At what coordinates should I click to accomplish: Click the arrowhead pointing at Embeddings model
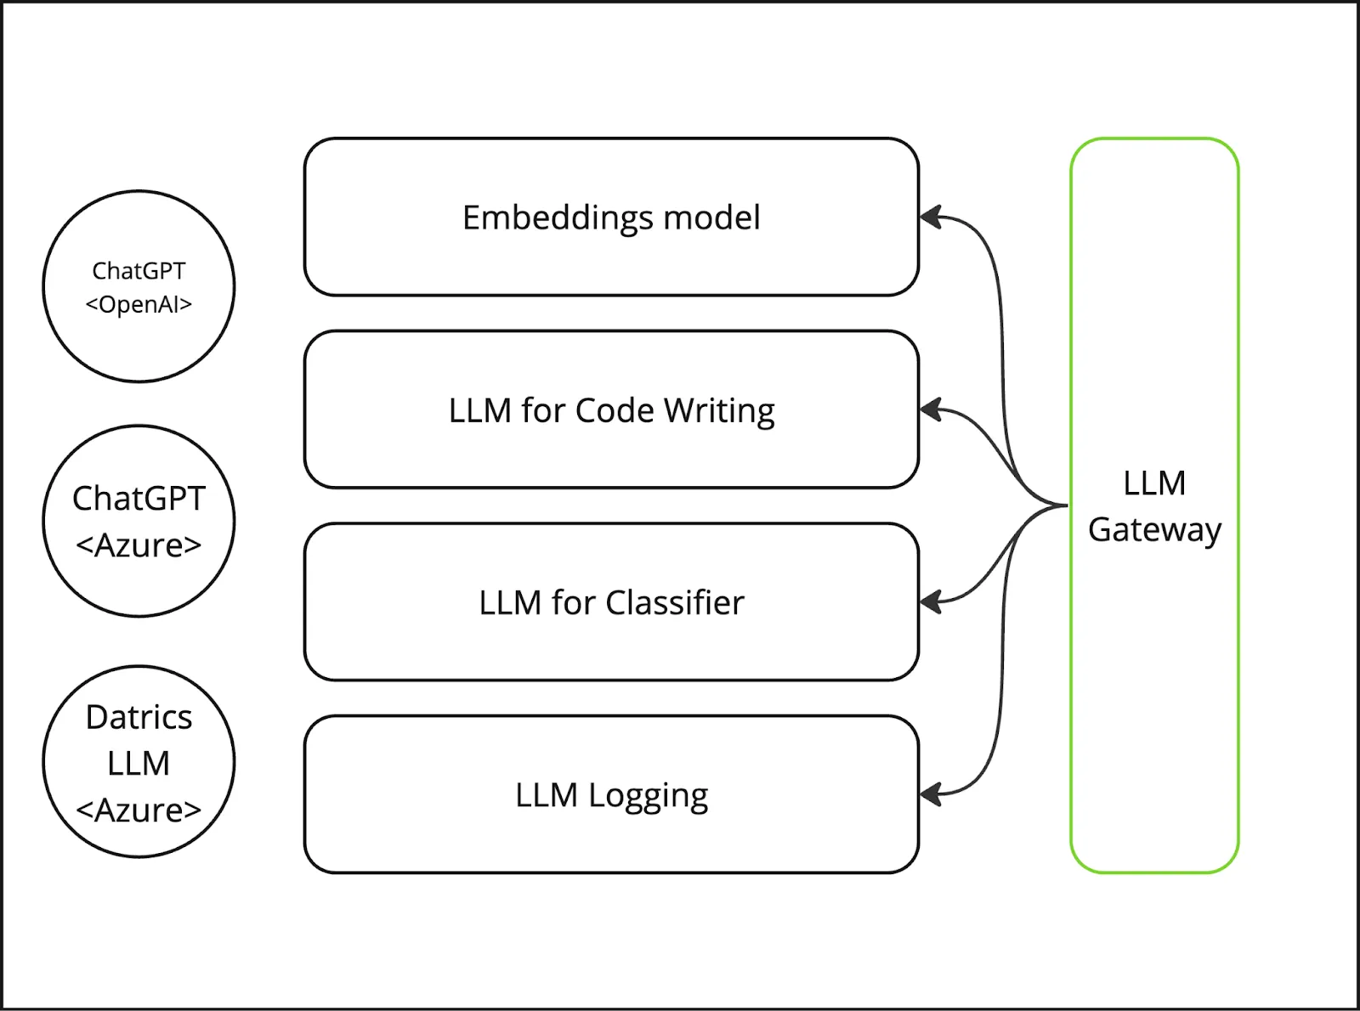point(931,217)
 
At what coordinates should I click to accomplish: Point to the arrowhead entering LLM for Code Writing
point(931,410)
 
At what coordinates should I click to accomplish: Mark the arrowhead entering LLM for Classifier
point(931,602)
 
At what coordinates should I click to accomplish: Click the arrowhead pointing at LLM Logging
point(931,795)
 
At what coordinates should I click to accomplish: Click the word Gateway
point(1154,529)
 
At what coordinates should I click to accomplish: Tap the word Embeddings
point(557,218)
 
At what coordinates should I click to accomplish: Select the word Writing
point(719,410)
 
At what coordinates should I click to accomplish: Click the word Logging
point(648,796)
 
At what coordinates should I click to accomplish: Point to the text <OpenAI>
point(139,304)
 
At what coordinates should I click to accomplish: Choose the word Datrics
point(139,717)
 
